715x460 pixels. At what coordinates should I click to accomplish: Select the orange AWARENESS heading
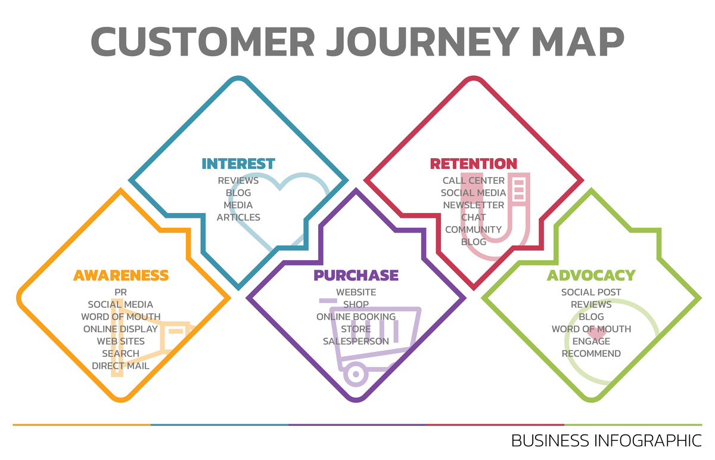[121, 275]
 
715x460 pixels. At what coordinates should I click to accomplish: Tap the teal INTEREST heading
[238, 163]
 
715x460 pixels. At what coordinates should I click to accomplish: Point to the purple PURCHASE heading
[356, 275]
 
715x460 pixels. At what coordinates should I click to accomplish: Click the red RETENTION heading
[474, 163]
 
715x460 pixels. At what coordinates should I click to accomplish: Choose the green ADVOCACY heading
[591, 275]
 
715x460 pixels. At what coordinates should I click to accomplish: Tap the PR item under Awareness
[120, 292]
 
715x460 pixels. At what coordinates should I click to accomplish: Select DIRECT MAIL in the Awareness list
[120, 366]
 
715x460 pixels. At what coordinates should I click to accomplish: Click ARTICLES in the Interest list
[238, 217]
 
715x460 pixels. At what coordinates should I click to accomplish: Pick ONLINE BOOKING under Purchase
[356, 317]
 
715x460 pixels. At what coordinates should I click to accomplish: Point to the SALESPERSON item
[356, 341]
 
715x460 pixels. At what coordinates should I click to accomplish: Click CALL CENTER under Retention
[474, 180]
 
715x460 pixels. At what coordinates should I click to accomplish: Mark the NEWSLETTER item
[474, 205]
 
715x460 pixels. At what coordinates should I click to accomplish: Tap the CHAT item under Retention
[474, 217]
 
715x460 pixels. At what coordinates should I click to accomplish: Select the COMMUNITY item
[474, 230]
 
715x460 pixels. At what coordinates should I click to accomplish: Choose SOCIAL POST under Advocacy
[591, 292]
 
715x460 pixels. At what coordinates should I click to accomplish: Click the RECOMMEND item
[591, 354]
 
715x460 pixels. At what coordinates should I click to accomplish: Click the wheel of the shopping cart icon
[356, 375]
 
